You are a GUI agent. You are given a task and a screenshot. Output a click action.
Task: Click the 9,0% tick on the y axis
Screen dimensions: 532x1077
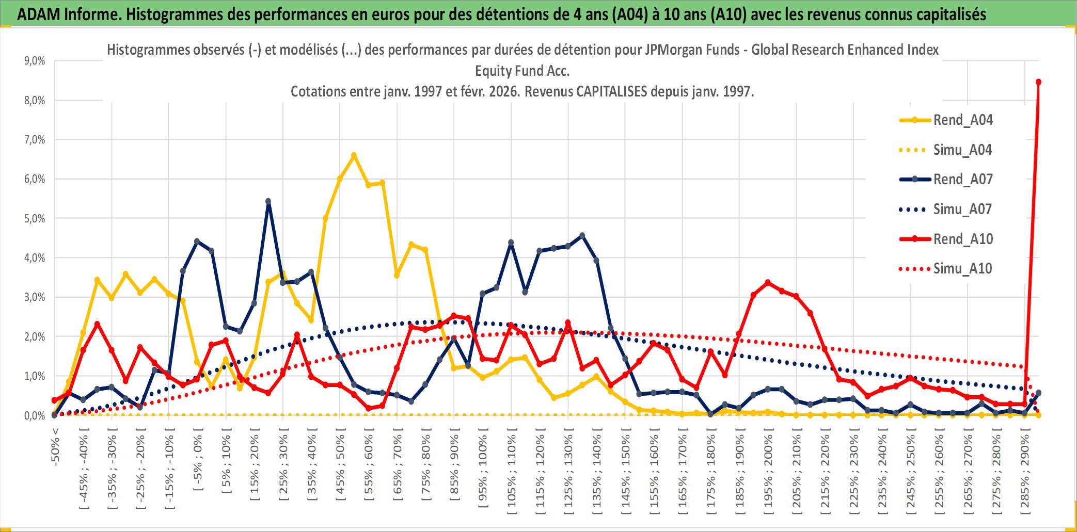click(35, 61)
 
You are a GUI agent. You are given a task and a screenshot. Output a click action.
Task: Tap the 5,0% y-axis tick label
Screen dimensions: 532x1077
click(35, 219)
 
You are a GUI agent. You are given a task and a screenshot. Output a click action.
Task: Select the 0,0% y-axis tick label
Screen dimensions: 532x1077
click(35, 416)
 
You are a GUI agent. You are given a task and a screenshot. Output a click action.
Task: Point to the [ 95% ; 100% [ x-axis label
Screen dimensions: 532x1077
click(483, 471)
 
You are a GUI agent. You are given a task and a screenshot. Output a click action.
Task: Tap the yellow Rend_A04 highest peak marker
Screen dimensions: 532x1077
click(354, 155)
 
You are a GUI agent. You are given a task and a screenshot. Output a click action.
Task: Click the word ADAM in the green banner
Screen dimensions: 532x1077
click(38, 14)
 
